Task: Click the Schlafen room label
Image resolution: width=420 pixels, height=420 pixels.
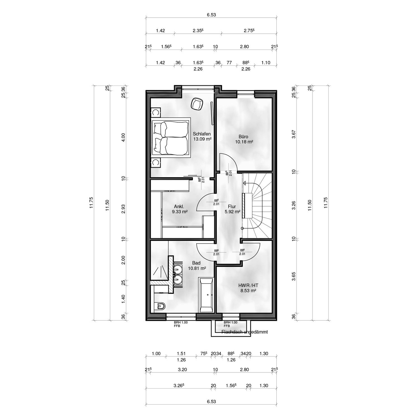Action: (202, 134)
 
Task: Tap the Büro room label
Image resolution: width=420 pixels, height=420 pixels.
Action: (243, 137)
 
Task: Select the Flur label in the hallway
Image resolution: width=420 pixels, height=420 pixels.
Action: (232, 207)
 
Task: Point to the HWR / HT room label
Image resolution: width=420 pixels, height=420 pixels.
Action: (248, 285)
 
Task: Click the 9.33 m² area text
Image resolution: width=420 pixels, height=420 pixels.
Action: (180, 212)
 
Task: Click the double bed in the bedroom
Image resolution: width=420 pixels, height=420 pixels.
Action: (170, 137)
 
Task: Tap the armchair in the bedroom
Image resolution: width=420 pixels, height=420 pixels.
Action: (197, 104)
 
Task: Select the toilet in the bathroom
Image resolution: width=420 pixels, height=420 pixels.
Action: (160, 307)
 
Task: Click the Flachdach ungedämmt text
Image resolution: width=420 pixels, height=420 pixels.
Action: (244, 332)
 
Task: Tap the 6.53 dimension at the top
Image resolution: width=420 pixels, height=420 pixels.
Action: (211, 15)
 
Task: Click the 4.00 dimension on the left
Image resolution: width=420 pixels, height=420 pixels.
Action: (123, 137)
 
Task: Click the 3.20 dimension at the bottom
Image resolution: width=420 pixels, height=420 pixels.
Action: (182, 370)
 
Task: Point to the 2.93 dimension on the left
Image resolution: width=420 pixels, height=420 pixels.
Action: (123, 209)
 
